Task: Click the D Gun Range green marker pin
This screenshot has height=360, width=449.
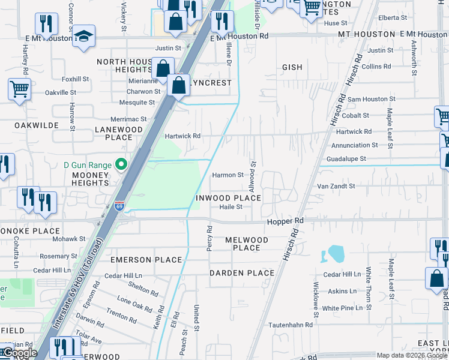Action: pyautogui.click(x=122, y=164)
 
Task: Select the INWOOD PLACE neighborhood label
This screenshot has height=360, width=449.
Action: pyautogui.click(x=228, y=198)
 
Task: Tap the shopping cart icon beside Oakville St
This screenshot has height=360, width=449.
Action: pyautogui.click(x=19, y=91)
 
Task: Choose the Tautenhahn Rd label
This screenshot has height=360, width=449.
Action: pyautogui.click(x=291, y=325)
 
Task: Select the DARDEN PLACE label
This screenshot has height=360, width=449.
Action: pyautogui.click(x=242, y=273)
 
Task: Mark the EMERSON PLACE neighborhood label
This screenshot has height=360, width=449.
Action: pyautogui.click(x=146, y=260)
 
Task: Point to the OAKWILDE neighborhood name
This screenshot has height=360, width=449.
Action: pyautogui.click(x=28, y=125)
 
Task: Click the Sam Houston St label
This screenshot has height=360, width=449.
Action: pyautogui.click(x=370, y=98)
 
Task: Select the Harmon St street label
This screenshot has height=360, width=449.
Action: pyautogui.click(x=228, y=175)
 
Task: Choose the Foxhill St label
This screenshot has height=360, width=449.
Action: pyautogui.click(x=75, y=79)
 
